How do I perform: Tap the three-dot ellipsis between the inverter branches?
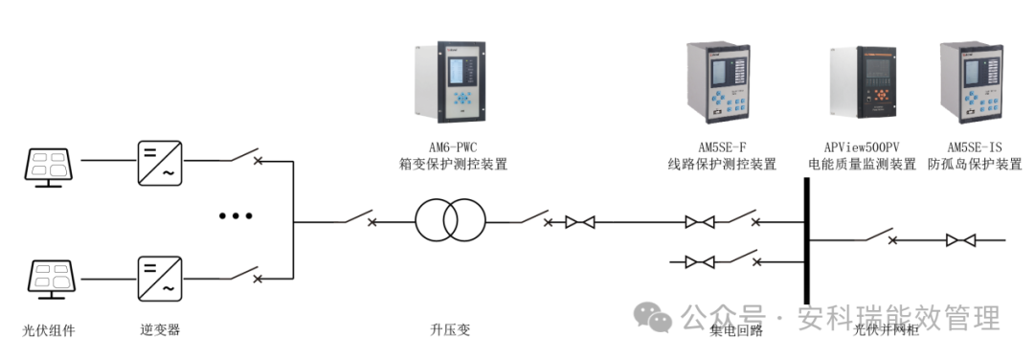coord(235,217)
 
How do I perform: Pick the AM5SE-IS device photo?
coord(973,85)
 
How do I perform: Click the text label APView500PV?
coord(862,147)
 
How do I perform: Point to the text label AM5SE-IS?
coord(974,147)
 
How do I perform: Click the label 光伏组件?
coord(49,330)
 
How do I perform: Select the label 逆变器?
coord(159,330)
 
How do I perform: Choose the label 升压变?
coord(450,330)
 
